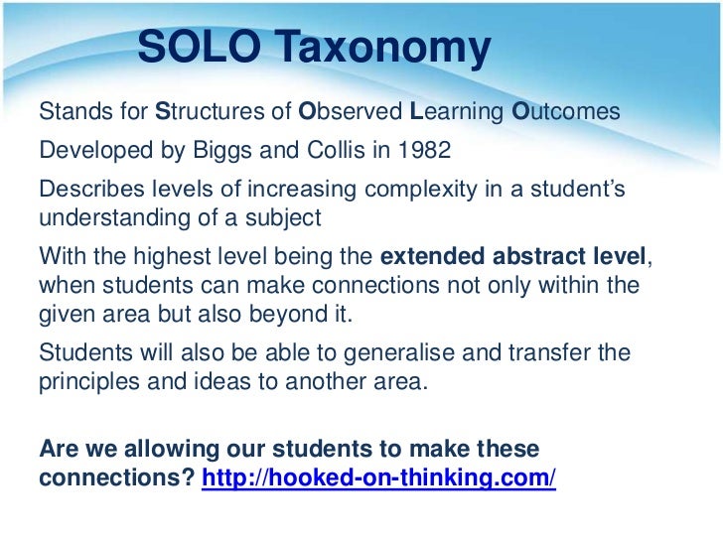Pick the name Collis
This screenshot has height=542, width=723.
pyautogui.click(x=328, y=151)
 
